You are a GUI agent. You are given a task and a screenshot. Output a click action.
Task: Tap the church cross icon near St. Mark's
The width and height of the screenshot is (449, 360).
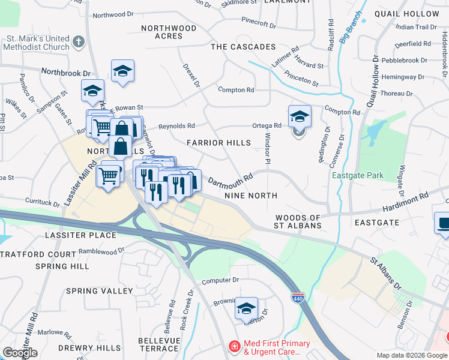coord(78,42)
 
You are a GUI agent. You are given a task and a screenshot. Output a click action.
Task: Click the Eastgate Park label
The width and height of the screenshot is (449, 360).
coord(358,176)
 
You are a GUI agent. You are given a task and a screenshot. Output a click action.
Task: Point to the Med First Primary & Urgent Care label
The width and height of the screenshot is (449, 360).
coord(277,347)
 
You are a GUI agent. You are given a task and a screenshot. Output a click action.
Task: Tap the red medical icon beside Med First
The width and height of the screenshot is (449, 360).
coord(234,347)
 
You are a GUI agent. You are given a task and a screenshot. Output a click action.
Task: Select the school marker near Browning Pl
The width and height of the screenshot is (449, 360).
coord(246,309)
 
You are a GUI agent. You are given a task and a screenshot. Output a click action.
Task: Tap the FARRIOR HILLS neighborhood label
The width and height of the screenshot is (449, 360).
coord(218,143)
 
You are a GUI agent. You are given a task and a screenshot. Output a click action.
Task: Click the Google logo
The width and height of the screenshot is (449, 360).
coord(20,353)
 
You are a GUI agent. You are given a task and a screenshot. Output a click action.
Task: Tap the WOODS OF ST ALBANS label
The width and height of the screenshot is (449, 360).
coord(298,221)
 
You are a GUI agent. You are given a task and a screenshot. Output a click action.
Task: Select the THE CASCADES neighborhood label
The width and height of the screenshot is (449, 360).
coord(243,47)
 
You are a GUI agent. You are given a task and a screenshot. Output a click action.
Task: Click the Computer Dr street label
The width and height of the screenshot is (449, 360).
coord(220,280)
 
